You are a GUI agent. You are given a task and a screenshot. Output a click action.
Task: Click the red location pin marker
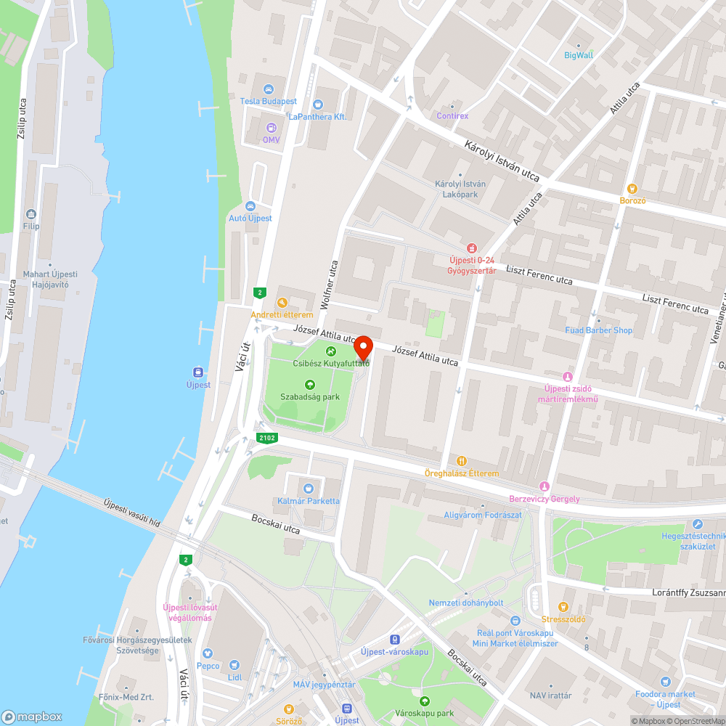click(x=363, y=346)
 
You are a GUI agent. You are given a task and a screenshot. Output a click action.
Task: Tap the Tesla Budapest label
click(x=269, y=101)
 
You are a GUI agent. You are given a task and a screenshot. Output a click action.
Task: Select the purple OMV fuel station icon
click(x=271, y=127)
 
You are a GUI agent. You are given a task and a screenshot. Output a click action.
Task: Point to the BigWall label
click(x=579, y=54)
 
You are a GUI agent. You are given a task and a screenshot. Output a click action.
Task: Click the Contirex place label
click(x=452, y=115)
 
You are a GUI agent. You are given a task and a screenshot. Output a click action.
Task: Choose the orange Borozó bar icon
click(x=632, y=188)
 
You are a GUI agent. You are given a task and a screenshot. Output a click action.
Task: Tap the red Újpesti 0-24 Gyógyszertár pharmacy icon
click(x=472, y=248)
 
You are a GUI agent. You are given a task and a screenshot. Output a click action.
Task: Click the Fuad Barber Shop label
click(x=599, y=330)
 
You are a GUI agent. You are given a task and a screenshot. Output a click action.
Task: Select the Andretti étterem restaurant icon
click(x=282, y=303)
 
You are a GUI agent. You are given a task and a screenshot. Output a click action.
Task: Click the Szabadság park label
click(x=310, y=397)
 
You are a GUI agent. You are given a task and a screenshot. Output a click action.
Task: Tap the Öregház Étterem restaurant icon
click(x=462, y=461)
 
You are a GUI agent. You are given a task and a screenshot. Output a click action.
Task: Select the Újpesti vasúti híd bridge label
click(x=131, y=513)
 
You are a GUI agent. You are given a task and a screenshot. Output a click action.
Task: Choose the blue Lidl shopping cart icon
click(x=234, y=664)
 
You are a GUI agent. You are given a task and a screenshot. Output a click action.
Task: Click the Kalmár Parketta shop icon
click(x=309, y=489)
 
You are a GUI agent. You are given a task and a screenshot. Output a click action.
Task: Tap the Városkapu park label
click(x=424, y=714)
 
